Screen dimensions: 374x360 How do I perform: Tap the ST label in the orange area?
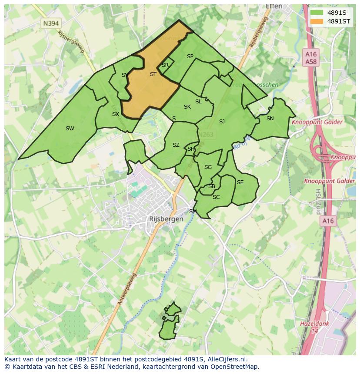[153, 74]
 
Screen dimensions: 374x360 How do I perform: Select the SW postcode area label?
[70, 128]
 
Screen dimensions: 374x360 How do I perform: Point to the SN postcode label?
[270, 119]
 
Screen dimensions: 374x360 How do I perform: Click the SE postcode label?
[240, 182]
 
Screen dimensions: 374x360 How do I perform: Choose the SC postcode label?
[216, 197]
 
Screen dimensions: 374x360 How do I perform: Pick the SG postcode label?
[208, 167]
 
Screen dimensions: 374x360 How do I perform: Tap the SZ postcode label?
[176, 145]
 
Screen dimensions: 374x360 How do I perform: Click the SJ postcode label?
[222, 122]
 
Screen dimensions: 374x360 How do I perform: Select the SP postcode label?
[190, 56]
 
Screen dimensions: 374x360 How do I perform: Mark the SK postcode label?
[187, 107]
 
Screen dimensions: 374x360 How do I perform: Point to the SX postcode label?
[115, 114]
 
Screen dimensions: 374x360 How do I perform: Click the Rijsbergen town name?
[166, 219]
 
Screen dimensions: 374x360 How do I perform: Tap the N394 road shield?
[51, 23]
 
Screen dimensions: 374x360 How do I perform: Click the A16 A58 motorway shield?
[311, 58]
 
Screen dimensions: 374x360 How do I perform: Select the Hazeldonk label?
[315, 324]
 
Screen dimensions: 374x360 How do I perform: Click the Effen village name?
[274, 7]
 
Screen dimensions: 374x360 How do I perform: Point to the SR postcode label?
[165, 65]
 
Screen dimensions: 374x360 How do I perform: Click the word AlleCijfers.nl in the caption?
[227, 359]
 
